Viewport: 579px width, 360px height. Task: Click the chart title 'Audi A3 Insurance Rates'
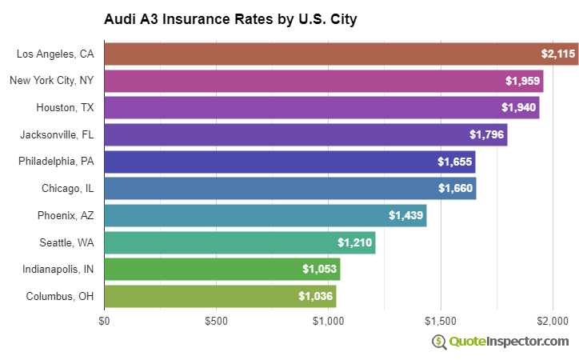[230, 19]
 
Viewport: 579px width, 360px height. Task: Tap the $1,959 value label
[521, 81]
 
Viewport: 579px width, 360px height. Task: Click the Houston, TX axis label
[65, 107]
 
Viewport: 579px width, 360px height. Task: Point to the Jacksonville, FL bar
[304, 134]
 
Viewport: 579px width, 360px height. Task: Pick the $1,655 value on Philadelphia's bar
[453, 162]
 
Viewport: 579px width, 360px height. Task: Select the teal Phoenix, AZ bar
[264, 215]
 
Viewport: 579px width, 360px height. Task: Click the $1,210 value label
[353, 242]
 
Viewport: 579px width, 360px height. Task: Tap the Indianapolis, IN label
[58, 269]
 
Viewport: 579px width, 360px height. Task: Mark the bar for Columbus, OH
[220, 296]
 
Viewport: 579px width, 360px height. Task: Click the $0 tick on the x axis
[104, 321]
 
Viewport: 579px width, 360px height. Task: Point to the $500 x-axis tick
[216, 321]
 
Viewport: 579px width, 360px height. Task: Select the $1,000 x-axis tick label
[329, 321]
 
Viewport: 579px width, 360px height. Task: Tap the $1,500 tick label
[441, 321]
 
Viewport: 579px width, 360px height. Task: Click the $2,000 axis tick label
[553, 321]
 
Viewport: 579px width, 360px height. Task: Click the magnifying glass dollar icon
[439, 342]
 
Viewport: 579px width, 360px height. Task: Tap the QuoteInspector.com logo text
[509, 342]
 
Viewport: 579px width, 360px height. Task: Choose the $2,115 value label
[557, 54]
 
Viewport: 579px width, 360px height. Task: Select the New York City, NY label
[52, 81]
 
